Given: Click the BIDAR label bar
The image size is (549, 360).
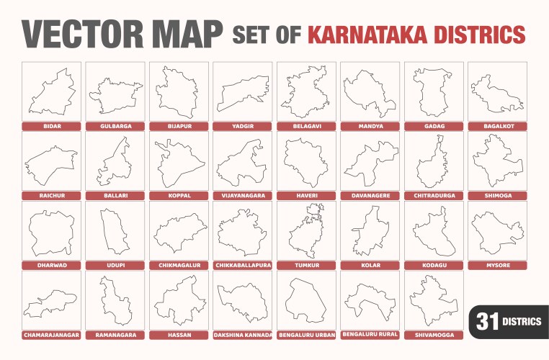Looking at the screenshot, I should (x=50, y=126).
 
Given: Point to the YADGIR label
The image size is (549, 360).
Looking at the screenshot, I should (x=243, y=126).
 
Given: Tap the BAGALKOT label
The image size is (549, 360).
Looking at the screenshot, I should (x=498, y=126).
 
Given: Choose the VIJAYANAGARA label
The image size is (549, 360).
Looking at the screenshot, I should (x=243, y=195).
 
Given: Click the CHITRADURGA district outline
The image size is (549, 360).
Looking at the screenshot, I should (x=434, y=162).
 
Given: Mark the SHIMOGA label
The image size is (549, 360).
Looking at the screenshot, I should (x=498, y=195).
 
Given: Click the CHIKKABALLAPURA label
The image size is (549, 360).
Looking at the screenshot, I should (x=243, y=265).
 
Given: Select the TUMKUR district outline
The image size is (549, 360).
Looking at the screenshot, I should (x=306, y=230).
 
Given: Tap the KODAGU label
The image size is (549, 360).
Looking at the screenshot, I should (x=434, y=265).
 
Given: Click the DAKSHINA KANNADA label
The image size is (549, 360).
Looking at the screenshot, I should (x=243, y=335).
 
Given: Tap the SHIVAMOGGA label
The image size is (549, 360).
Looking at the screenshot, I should (x=434, y=335).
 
